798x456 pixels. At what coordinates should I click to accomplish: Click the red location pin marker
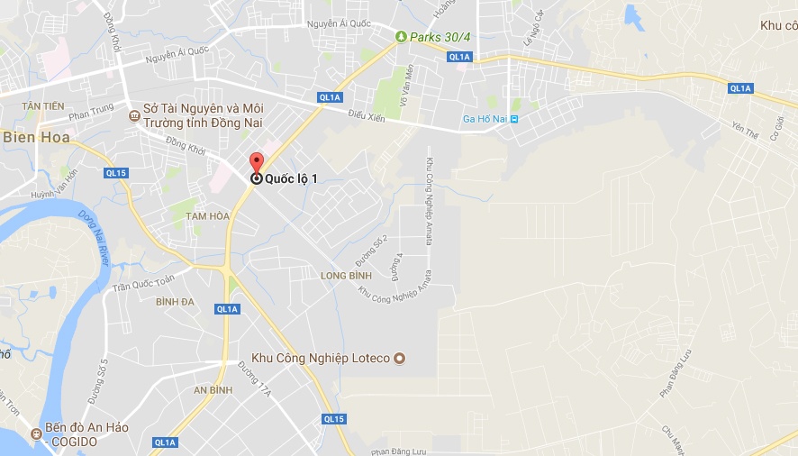[x=256, y=163]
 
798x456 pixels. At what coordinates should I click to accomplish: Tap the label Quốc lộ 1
[x=290, y=178]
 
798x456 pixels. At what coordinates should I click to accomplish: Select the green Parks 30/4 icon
[x=401, y=37]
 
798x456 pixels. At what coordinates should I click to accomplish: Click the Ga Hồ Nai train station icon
[x=514, y=119]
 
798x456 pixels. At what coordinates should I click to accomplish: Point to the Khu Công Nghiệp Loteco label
[x=321, y=359]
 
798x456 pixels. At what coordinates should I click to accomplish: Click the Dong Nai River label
[x=93, y=238]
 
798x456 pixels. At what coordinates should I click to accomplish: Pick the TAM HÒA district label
[x=207, y=216]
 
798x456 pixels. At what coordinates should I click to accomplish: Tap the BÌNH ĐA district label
[x=175, y=301]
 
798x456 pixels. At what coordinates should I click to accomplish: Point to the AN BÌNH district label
[x=213, y=390]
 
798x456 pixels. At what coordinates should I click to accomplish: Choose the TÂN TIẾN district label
[x=43, y=106]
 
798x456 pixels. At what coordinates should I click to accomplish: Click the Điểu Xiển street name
[x=366, y=117]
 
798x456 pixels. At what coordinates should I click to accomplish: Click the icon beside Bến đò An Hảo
[x=37, y=433]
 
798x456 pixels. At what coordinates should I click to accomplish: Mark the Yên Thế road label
[x=746, y=131]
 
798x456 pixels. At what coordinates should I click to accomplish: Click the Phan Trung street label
[x=91, y=114]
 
